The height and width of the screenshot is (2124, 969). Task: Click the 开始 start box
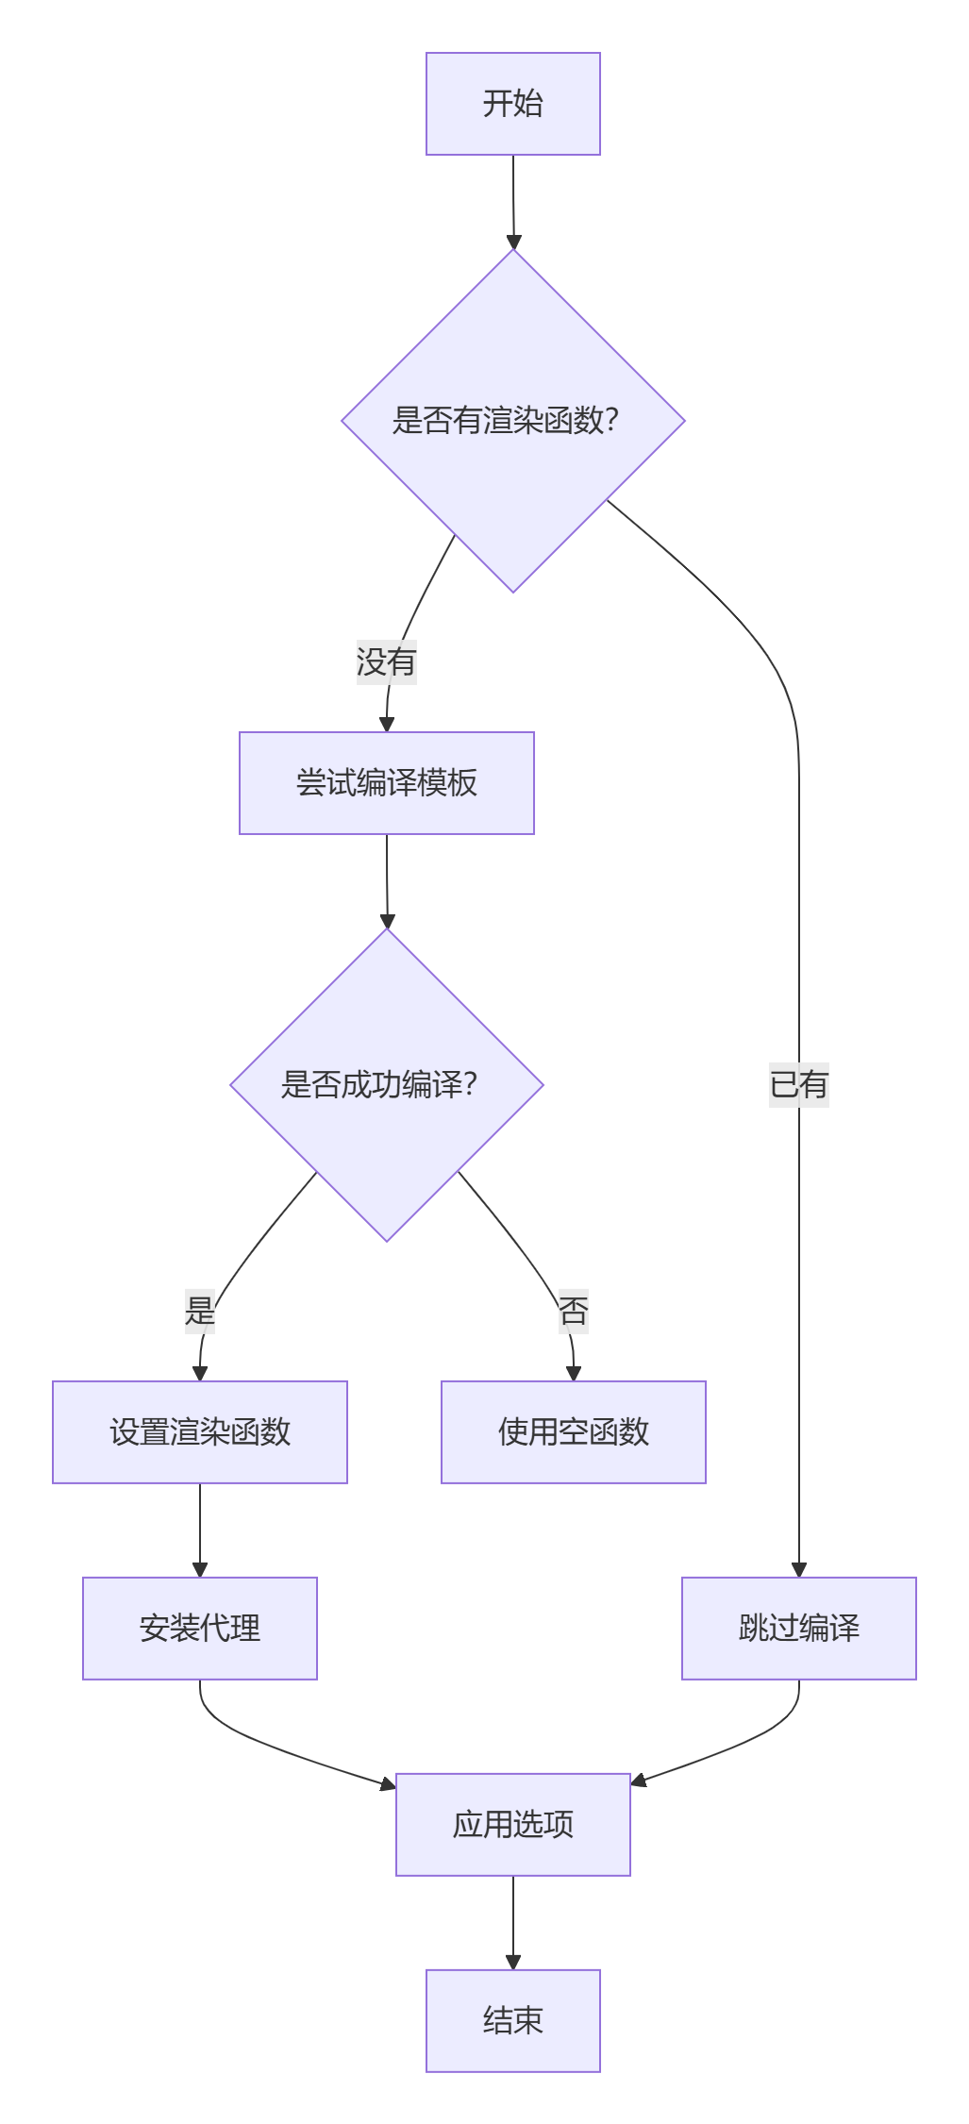point(512,104)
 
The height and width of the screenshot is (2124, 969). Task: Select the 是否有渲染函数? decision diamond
point(512,421)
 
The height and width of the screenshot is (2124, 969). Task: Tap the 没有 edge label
point(386,661)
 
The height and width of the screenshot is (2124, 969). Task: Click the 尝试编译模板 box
point(386,783)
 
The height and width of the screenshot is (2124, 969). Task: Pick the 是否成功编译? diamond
point(386,1085)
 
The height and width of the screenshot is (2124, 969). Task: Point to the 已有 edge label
point(798,1084)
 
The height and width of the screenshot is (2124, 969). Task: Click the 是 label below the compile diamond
point(200,1311)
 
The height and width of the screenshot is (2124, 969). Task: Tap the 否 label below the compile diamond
point(573,1311)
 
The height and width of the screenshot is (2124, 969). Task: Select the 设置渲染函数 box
point(200,1432)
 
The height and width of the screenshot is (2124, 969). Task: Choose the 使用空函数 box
point(573,1432)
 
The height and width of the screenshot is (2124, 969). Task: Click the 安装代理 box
point(200,1629)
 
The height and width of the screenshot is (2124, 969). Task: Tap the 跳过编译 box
point(798,1629)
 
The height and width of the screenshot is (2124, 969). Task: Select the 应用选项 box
point(512,1825)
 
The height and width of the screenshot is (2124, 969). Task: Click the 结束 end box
point(512,2021)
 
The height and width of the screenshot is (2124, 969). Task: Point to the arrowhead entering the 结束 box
point(512,1963)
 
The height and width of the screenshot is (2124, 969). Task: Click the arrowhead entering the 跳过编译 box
point(798,1570)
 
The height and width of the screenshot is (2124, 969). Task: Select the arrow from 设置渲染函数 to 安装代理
point(200,1529)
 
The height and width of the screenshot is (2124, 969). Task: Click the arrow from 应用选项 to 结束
point(512,1921)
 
